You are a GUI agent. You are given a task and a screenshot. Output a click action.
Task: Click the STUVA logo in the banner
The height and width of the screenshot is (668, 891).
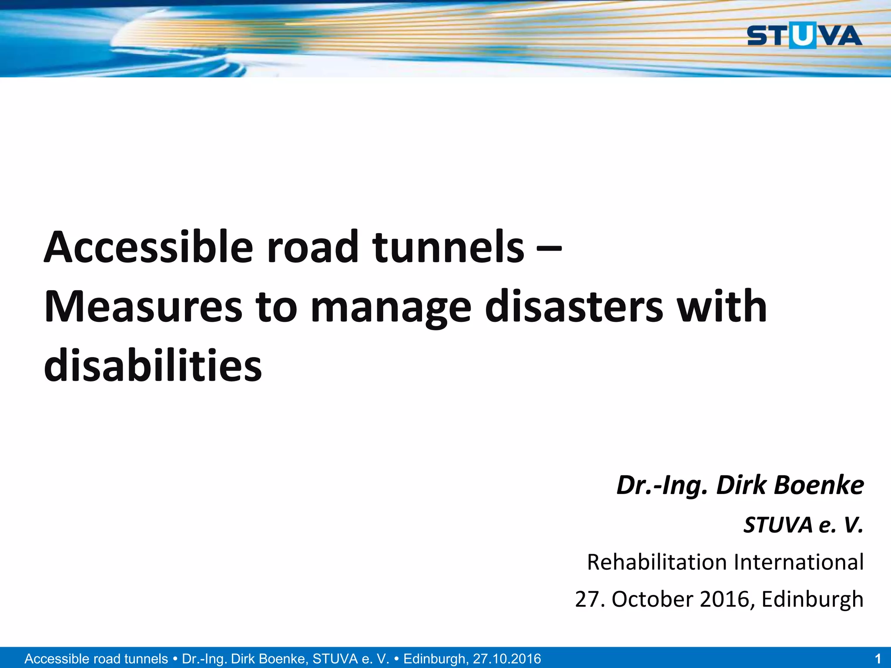tap(804, 36)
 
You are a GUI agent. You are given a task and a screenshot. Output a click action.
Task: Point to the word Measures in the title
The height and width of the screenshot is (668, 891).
tap(143, 307)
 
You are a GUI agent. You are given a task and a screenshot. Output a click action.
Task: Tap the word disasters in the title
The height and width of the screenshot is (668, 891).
tap(574, 307)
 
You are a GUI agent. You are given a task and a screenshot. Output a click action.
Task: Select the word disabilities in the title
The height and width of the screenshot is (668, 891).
tap(153, 366)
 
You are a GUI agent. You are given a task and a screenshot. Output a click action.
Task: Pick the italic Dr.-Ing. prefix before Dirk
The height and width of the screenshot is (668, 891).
tap(662, 486)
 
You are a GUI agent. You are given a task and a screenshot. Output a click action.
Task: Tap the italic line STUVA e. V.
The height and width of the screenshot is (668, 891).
tap(803, 525)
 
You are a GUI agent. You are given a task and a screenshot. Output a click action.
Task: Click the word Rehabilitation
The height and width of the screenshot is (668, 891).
tap(657, 562)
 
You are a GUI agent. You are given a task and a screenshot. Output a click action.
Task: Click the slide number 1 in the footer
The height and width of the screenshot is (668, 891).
tap(878, 658)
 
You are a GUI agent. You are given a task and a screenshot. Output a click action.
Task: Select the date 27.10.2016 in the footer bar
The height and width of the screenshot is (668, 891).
tap(507, 658)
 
